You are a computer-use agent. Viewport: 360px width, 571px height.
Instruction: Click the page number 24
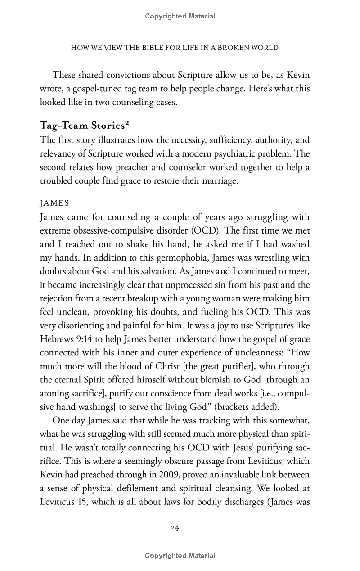pyautogui.click(x=175, y=528)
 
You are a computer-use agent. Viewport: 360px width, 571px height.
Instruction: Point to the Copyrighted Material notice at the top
pyautogui.click(x=180, y=16)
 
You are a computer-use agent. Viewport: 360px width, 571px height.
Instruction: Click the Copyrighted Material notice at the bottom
pyautogui.click(x=180, y=556)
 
